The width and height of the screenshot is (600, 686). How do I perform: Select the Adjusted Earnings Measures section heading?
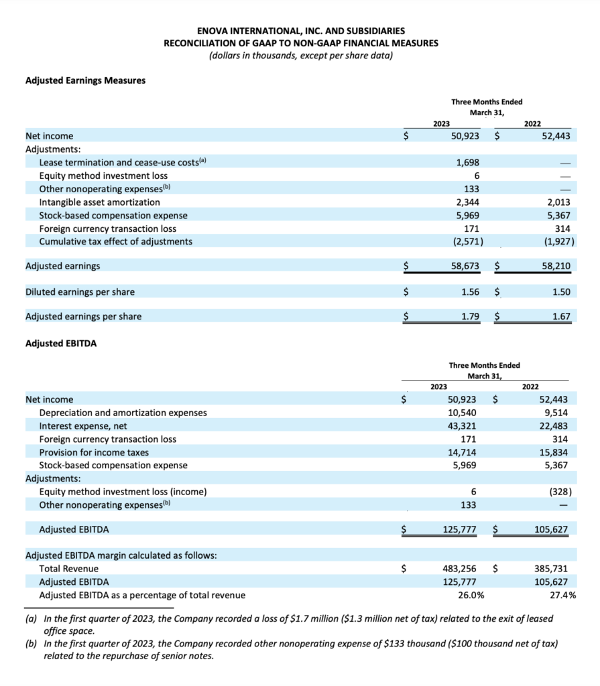[85, 80]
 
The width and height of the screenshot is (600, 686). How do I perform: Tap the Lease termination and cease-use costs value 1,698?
[467, 162]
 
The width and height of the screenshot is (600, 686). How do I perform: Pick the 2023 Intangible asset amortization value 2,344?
[467, 202]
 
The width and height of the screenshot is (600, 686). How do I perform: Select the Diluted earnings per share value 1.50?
[560, 291]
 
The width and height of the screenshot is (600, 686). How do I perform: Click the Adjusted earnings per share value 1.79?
[469, 316]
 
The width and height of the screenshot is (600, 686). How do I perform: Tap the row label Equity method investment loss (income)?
[123, 492]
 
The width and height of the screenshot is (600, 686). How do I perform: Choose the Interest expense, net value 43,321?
[463, 426]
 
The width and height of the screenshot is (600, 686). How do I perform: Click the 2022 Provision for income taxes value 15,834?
[554, 452]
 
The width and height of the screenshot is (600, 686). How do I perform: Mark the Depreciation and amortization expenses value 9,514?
[556, 413]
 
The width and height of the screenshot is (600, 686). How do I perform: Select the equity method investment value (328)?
[559, 492]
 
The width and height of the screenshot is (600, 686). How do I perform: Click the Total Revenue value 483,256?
[460, 569]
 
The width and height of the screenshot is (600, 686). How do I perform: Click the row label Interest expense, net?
[82, 426]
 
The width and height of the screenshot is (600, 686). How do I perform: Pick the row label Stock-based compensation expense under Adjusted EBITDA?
[113, 465]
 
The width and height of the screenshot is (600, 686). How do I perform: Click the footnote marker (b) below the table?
[32, 644]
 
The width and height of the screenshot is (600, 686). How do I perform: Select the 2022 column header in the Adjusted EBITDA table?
[530, 387]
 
